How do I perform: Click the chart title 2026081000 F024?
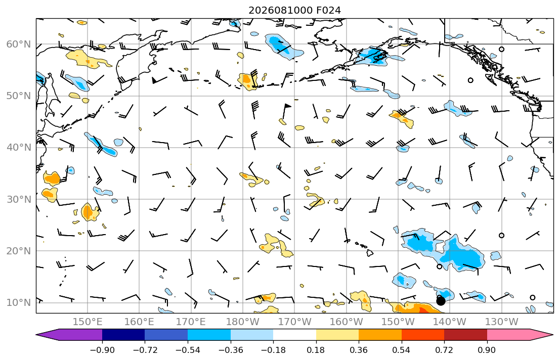294,10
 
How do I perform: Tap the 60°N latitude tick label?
19,44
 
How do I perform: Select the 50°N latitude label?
19,96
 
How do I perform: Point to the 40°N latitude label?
19,148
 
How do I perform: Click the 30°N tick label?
19,199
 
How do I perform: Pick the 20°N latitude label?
19,251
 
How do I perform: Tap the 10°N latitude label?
19,303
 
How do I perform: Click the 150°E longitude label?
88,322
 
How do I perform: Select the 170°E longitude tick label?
191,322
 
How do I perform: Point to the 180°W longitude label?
243,322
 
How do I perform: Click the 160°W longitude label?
347,322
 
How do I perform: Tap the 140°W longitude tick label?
450,322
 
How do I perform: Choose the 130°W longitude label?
502,322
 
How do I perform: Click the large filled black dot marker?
441,301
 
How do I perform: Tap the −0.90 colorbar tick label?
102,350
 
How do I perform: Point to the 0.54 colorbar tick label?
402,350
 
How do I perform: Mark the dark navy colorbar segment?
123,335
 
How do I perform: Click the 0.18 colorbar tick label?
316,350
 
